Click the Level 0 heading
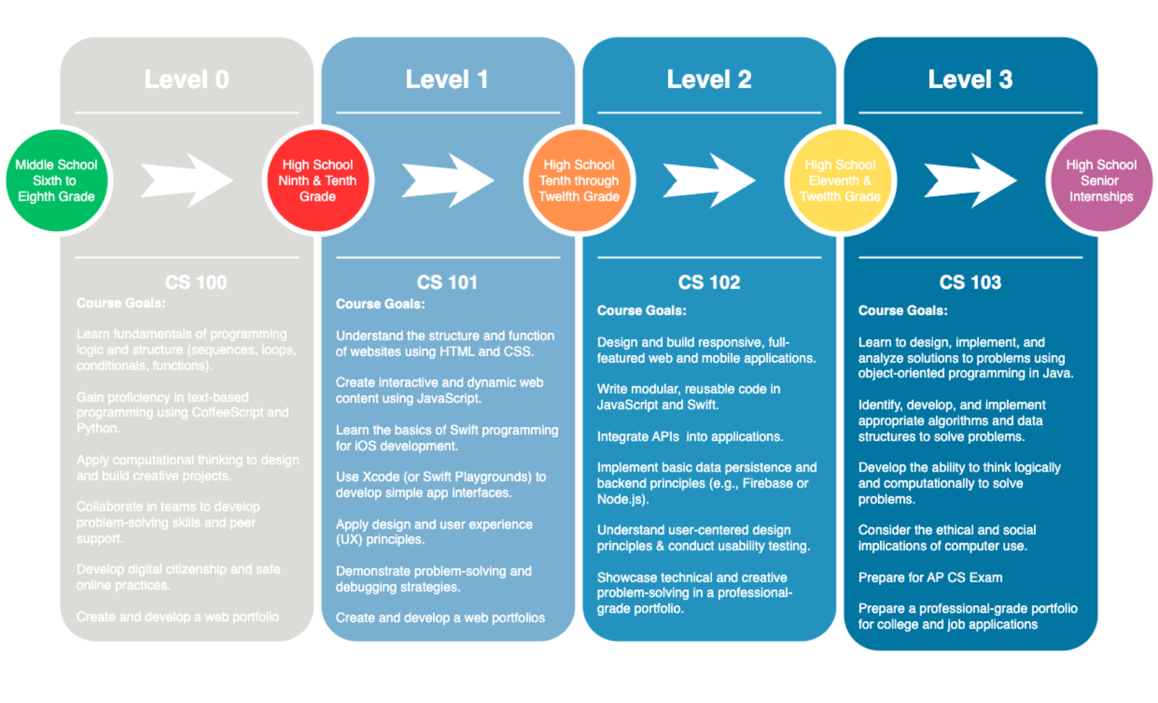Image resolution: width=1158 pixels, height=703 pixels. point(186,80)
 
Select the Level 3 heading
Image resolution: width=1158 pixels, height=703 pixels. point(970,80)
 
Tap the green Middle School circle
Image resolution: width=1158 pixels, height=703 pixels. point(57,181)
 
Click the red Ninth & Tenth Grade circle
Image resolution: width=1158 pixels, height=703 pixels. point(318,181)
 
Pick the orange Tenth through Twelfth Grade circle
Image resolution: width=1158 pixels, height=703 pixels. point(579,181)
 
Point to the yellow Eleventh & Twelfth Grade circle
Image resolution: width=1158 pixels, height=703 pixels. point(840,181)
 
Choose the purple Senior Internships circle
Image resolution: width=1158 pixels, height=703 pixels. point(1101,181)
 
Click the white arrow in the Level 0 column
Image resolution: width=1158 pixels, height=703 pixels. point(186,181)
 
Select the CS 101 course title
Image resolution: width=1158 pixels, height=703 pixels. point(447,283)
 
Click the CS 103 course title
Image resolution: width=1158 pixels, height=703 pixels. point(970,283)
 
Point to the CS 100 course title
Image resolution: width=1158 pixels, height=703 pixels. point(196,283)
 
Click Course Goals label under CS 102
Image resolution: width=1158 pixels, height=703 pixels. point(641,311)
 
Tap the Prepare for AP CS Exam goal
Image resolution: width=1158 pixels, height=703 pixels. point(930,578)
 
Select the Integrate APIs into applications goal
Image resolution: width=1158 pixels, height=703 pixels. point(689,437)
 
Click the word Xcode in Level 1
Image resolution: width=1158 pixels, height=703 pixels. point(381,477)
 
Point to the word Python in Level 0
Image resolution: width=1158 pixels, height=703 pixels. point(98,429)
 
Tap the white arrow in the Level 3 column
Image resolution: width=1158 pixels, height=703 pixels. point(970,181)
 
